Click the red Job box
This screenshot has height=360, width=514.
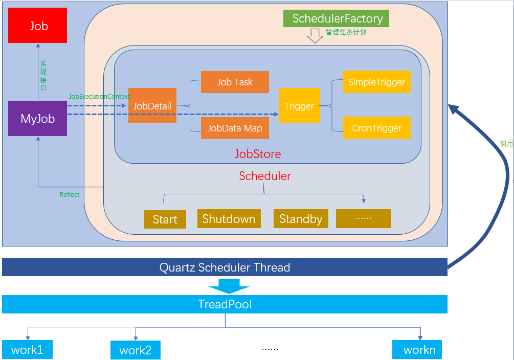tap(37, 25)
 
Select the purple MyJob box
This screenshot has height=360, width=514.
tap(37, 118)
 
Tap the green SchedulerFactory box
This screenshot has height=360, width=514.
tap(336, 18)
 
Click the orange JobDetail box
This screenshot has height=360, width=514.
tap(152, 105)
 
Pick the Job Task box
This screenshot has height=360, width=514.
tap(235, 82)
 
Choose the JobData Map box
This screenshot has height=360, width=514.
tap(235, 128)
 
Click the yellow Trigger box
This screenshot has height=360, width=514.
tap(299, 105)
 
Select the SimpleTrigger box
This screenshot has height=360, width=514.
tap(376, 82)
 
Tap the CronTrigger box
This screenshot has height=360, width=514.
tap(376, 127)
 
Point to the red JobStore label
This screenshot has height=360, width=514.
tap(258, 154)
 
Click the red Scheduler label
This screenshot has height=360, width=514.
tap(265, 176)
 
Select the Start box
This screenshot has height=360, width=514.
tap(165, 219)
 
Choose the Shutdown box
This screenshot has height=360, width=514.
tap(229, 219)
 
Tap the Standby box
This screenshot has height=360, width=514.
tap(301, 219)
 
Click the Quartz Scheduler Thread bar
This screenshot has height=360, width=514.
tap(225, 267)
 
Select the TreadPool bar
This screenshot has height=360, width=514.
tap(225, 304)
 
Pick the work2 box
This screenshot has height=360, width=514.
tap(136, 350)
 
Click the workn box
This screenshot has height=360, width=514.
tap(417, 349)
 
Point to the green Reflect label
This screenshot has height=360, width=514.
tap(70, 194)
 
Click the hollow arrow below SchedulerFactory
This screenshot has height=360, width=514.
tap(315, 36)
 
